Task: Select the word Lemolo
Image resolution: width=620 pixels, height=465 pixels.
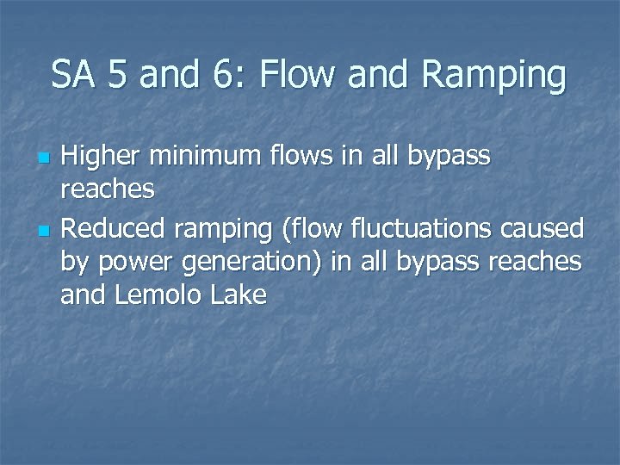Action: [164, 296]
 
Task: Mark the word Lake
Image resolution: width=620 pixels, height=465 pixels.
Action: [242, 296]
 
